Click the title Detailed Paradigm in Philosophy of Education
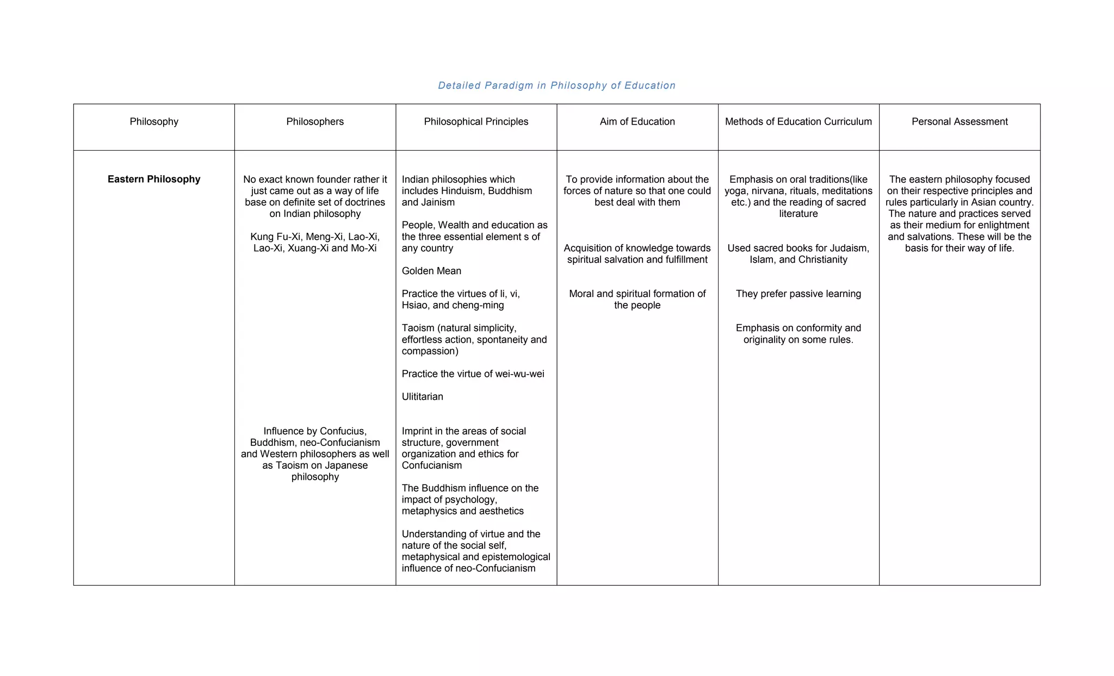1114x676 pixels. click(556, 85)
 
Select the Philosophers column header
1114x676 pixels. click(315, 122)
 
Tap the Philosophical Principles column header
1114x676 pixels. click(476, 122)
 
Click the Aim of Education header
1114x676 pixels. click(637, 122)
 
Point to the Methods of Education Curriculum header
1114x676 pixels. click(798, 122)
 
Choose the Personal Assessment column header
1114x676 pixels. click(960, 122)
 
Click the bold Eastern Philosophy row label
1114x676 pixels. click(154, 179)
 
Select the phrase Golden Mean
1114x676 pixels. click(431, 271)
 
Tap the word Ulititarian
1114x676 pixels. click(422, 397)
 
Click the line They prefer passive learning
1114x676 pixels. click(798, 294)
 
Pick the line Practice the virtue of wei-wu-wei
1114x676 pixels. click(473, 374)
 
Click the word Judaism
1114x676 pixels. click(849, 249)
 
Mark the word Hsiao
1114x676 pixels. click(414, 306)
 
